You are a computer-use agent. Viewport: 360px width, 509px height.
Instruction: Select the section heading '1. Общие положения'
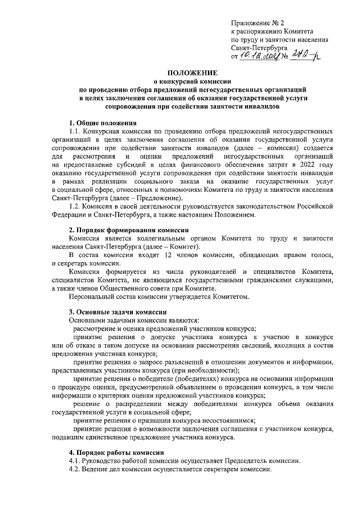pos(102,123)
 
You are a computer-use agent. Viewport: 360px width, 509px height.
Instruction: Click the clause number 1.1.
pos(75,131)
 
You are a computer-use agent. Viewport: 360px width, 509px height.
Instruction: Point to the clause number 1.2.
pos(75,206)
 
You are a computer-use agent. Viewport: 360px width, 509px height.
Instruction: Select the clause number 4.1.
pos(75,461)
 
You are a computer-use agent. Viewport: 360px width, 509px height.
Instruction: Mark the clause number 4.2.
pos(75,470)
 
